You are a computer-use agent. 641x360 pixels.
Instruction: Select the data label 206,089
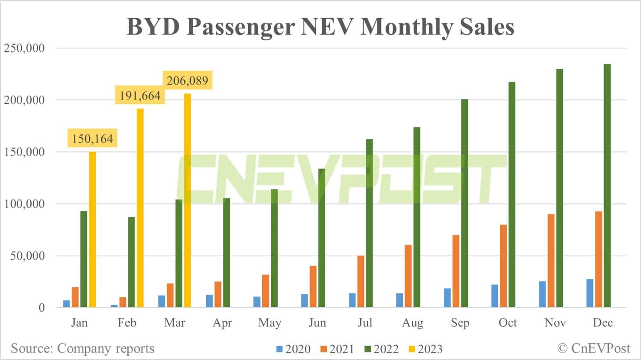(x=187, y=81)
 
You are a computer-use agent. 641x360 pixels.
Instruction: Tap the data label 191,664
(x=140, y=96)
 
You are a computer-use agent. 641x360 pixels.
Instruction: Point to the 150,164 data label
(x=92, y=139)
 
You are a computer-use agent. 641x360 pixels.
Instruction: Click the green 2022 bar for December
(x=607, y=186)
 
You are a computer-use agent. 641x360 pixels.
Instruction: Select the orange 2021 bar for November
(x=551, y=260)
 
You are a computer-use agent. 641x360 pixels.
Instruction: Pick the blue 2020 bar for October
(x=495, y=296)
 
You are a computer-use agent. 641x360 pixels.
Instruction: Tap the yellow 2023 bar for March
(x=187, y=200)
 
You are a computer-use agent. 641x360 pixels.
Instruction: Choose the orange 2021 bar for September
(x=456, y=271)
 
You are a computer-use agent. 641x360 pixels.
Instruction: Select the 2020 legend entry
(x=294, y=349)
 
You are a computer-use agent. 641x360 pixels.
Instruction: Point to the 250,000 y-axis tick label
(x=24, y=48)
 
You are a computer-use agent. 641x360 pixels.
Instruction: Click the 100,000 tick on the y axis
(x=24, y=204)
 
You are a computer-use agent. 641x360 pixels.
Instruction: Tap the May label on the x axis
(x=270, y=323)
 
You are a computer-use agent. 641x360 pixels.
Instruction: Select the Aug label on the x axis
(x=412, y=323)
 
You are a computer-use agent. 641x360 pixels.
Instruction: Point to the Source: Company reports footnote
(x=82, y=348)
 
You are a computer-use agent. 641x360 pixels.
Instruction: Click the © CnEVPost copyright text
(x=594, y=348)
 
